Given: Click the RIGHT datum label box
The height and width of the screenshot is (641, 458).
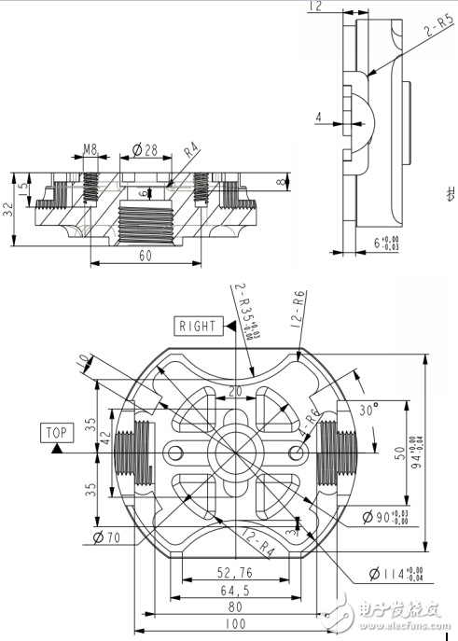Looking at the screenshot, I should [x=198, y=327].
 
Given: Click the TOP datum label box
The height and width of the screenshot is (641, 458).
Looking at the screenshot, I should [x=56, y=433].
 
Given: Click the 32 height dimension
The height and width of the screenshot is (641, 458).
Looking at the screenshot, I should [x=9, y=211].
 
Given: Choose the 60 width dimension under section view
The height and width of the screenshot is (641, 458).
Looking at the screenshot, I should [x=144, y=256].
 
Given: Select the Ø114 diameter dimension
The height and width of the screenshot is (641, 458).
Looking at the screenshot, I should [x=386, y=574].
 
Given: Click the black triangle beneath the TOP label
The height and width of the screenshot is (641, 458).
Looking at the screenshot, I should [x=57, y=448].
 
